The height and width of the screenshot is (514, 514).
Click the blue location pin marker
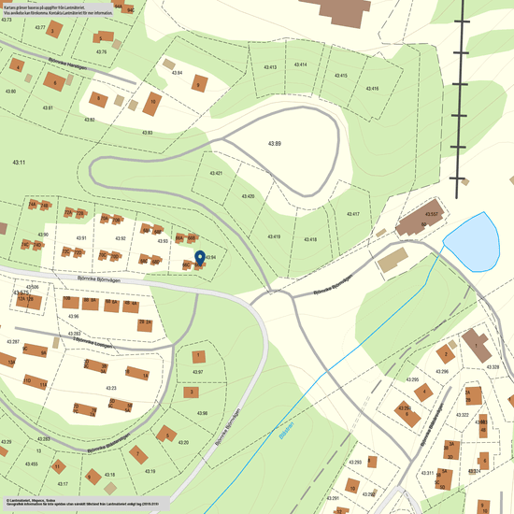pyautogui.click(x=198, y=258)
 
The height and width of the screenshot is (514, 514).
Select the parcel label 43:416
pyautogui.click(x=372, y=88)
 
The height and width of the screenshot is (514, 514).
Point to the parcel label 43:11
pyautogui.click(x=18, y=162)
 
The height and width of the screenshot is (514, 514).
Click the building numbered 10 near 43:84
pyautogui.click(x=151, y=102)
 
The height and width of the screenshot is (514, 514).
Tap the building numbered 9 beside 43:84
pyautogui.click(x=197, y=83)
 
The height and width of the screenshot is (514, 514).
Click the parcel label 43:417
pyautogui.click(x=352, y=214)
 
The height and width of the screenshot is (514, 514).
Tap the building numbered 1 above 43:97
pyautogui.click(x=199, y=356)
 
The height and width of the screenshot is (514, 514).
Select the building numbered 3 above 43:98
pyautogui.click(x=192, y=393)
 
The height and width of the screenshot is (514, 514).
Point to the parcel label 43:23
pyautogui.click(x=110, y=387)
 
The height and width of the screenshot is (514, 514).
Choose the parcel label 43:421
pyautogui.click(x=216, y=174)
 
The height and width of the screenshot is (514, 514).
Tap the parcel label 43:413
pyautogui.click(x=271, y=67)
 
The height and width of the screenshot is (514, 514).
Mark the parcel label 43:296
pyautogui.click(x=442, y=371)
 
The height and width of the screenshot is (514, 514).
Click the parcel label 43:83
pyautogui.click(x=147, y=133)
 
